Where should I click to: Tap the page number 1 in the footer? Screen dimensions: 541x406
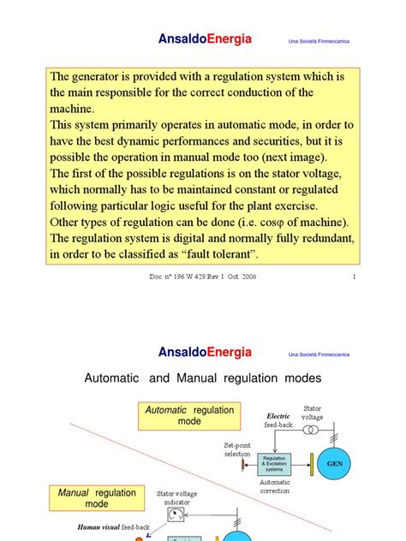[x=354, y=277]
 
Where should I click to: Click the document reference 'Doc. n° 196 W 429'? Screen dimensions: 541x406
[x=176, y=277]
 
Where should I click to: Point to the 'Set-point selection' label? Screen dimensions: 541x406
[x=237, y=449]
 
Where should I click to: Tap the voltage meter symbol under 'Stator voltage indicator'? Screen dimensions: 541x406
[x=176, y=517]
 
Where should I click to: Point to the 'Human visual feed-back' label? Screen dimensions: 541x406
[x=108, y=528]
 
